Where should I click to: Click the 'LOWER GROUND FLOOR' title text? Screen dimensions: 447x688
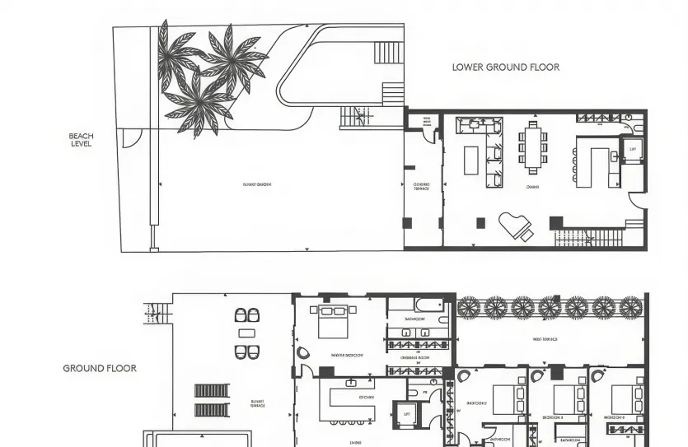point(505,68)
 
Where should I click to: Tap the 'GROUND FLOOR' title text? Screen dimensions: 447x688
point(100,368)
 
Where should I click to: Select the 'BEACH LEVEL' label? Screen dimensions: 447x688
point(81,140)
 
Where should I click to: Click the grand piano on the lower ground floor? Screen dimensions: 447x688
point(516,226)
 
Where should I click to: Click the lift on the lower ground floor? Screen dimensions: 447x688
point(632,151)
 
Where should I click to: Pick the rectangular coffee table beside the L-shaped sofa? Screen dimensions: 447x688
point(471,160)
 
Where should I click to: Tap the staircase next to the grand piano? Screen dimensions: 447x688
point(588,238)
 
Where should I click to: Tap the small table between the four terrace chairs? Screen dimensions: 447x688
point(247,333)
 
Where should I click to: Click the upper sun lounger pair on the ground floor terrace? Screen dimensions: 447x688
point(211,391)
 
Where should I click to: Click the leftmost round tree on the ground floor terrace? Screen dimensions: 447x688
point(469,308)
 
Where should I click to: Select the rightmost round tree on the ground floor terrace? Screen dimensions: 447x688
point(630,308)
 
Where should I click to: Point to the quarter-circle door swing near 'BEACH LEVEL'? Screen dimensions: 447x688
point(131,137)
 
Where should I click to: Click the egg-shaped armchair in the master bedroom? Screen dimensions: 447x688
point(303,352)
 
